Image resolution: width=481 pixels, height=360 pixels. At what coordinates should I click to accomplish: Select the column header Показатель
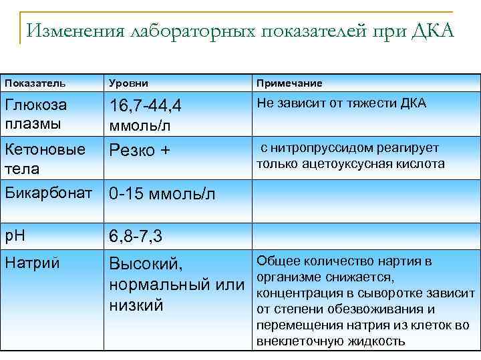pyautogui.click(x=35, y=83)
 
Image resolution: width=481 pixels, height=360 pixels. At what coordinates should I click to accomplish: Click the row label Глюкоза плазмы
pyautogui.click(x=36, y=114)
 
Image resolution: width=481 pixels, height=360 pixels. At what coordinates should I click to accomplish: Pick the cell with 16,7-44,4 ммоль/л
pyautogui.click(x=146, y=115)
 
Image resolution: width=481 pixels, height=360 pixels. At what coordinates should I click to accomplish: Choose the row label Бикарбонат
pyautogui.click(x=51, y=193)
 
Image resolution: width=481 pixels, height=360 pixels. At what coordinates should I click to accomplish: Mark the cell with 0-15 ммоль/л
pyautogui.click(x=162, y=194)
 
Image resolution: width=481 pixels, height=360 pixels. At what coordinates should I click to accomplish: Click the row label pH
pyautogui.click(x=14, y=235)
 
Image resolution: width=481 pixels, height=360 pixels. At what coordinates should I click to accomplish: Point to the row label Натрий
pyautogui.click(x=32, y=263)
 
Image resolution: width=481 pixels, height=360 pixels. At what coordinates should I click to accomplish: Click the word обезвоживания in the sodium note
pyautogui.click(x=375, y=309)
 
